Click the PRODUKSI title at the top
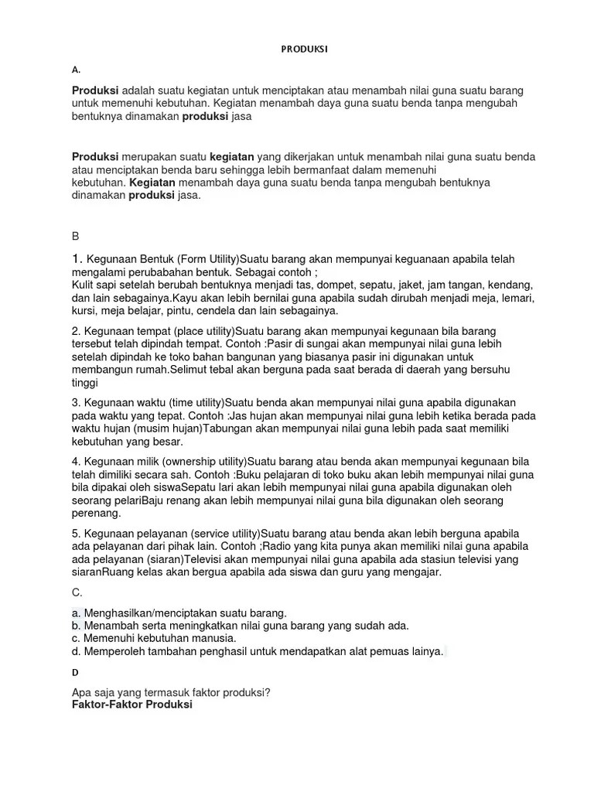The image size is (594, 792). pos(303,49)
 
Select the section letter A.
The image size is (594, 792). pos(75,70)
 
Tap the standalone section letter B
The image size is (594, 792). pos(75,235)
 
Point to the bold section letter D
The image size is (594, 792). pos(75,673)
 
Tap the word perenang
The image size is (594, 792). pos(96,513)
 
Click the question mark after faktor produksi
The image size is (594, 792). pos(267,693)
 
